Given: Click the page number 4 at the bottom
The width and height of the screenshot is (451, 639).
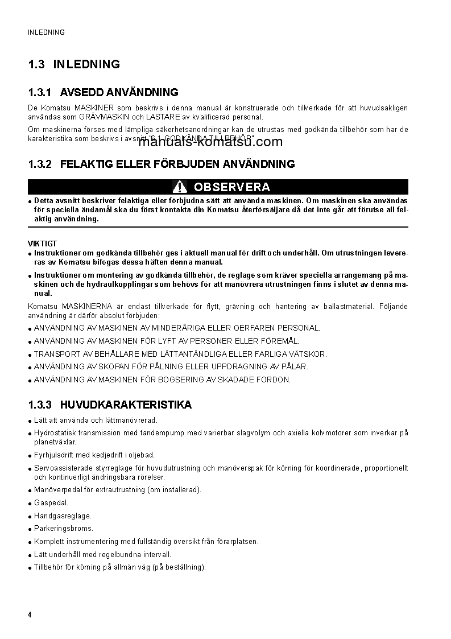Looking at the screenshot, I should click(x=30, y=615).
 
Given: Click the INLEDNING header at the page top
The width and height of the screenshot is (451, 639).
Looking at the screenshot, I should click(x=46, y=32).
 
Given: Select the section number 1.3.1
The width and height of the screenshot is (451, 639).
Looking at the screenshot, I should click(x=40, y=92).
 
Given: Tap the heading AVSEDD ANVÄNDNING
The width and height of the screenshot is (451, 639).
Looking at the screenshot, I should click(x=119, y=92).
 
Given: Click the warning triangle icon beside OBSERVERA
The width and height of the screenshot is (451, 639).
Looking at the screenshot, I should click(x=180, y=187).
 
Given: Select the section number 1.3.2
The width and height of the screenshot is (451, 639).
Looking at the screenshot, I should click(x=40, y=164).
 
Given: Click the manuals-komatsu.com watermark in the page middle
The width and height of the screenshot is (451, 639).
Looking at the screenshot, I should click(x=210, y=142).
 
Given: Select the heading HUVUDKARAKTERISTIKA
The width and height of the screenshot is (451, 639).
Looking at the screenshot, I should click(x=125, y=405).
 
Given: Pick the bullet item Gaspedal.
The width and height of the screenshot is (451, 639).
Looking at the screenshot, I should click(x=51, y=502).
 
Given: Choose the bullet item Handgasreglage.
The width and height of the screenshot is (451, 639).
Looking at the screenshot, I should click(x=63, y=516).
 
